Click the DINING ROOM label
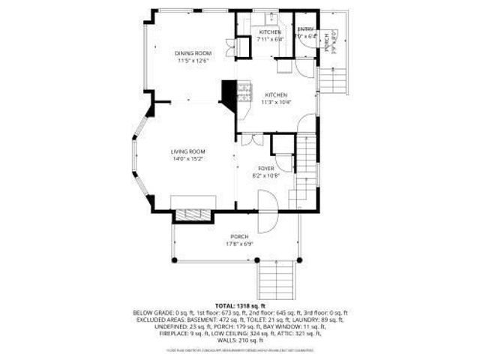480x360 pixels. point(193,53)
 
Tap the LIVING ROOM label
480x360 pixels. point(188,151)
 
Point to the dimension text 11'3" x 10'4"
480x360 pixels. point(275,102)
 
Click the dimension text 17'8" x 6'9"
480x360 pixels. point(239,244)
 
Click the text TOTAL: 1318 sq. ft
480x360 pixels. point(239,306)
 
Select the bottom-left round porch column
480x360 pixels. point(173,259)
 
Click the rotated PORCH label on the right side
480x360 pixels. point(327,43)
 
